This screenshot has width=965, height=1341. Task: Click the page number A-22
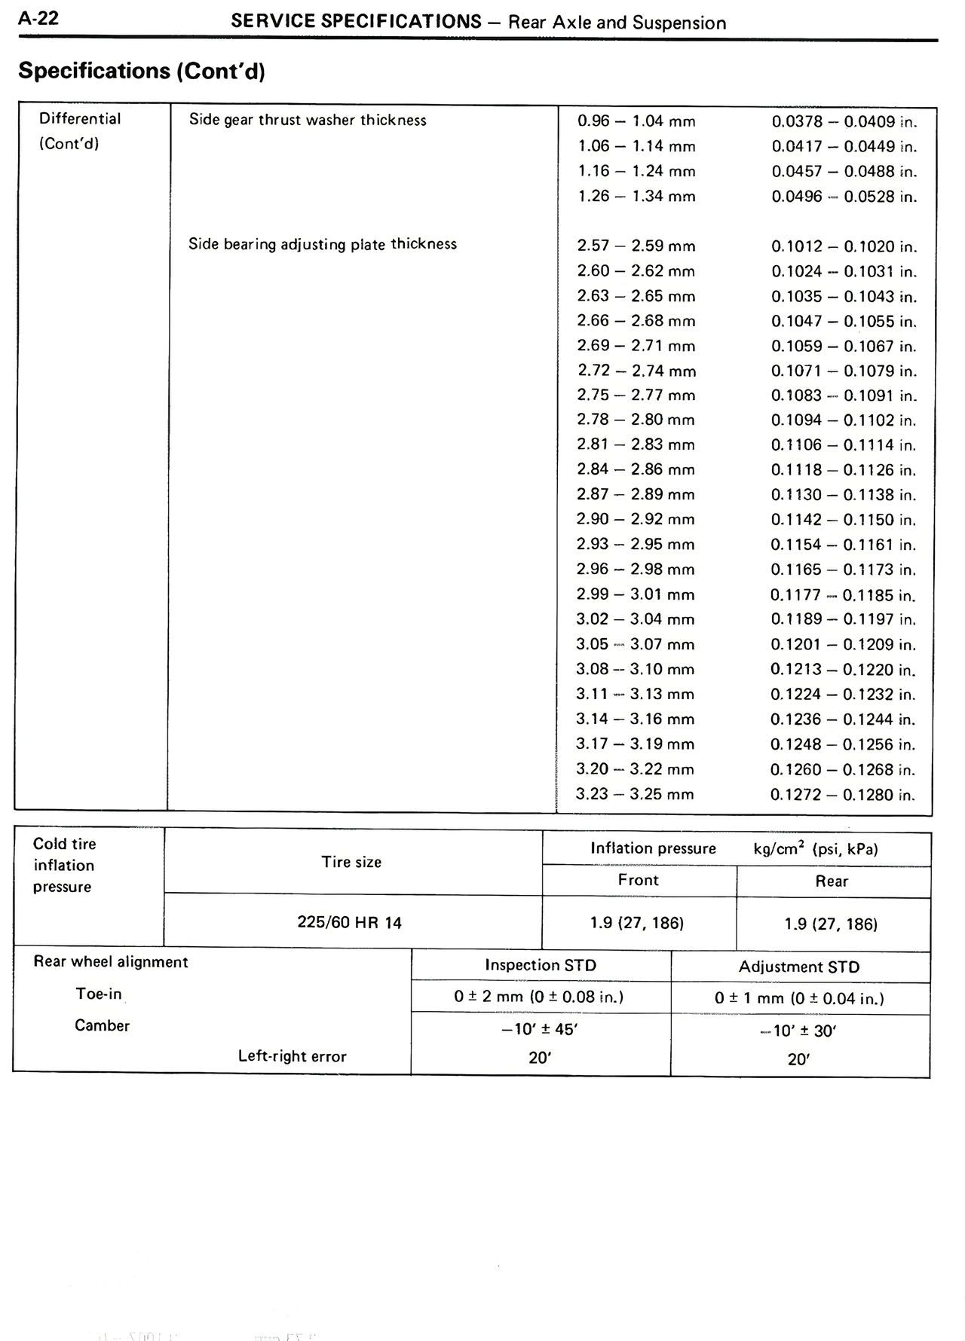(x=38, y=19)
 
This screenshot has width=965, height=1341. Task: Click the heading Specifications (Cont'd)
(x=142, y=71)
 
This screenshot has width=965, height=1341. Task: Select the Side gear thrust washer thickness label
(x=308, y=121)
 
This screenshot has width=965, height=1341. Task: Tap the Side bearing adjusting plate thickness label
(x=323, y=244)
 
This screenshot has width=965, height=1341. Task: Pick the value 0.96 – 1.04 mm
(x=636, y=121)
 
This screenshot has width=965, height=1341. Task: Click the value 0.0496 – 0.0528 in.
(x=844, y=197)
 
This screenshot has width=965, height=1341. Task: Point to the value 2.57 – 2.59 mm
(x=636, y=246)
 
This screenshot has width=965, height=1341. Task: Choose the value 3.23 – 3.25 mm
(x=635, y=794)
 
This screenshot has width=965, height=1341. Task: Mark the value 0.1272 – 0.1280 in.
(x=842, y=795)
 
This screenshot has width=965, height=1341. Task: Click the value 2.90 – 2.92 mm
(x=636, y=520)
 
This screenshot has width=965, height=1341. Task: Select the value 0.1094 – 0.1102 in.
(x=843, y=420)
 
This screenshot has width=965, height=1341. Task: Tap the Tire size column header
(x=351, y=862)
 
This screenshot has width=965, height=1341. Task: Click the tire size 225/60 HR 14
(x=350, y=923)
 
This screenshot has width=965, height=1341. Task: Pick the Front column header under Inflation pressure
(x=639, y=881)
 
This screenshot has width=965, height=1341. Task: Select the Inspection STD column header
(x=541, y=965)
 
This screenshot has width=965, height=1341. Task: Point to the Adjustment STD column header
(x=799, y=967)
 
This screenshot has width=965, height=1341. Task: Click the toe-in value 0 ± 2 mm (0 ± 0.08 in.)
(x=539, y=997)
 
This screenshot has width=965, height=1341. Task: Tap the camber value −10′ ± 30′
(x=798, y=1031)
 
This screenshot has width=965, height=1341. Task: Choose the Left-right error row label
(x=293, y=1056)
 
